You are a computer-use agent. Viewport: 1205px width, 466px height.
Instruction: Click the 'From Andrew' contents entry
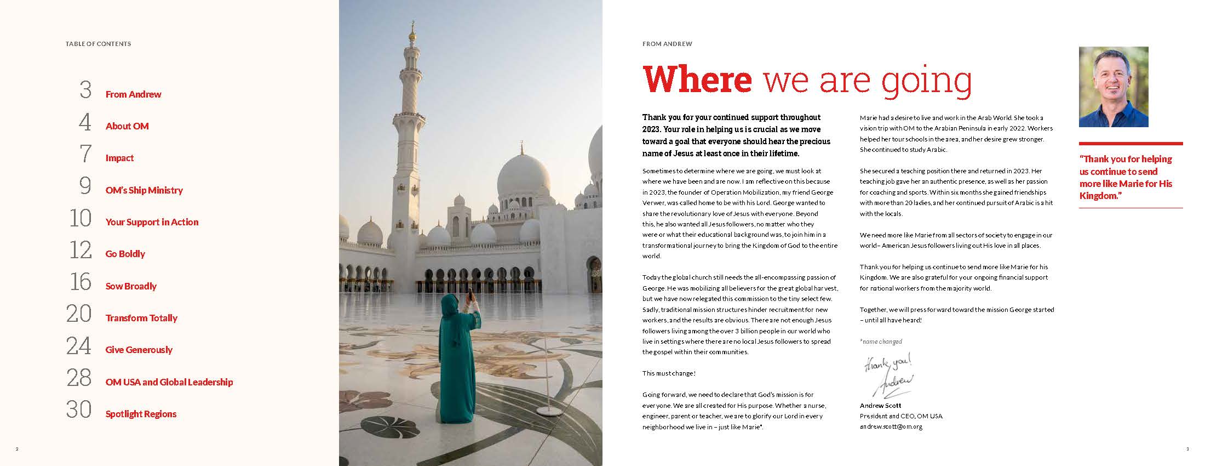click(133, 94)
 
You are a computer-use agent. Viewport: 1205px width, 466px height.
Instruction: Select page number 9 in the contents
click(85, 186)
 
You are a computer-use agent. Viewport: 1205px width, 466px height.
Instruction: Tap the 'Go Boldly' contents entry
click(125, 254)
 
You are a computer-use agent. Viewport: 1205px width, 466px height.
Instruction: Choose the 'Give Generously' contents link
click(139, 350)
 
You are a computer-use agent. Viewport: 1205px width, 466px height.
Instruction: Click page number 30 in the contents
click(79, 410)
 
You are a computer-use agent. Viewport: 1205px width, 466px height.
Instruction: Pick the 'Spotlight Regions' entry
click(141, 414)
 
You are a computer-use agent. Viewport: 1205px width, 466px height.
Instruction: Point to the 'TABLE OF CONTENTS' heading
click(98, 44)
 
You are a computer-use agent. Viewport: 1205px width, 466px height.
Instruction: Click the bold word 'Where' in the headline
click(697, 79)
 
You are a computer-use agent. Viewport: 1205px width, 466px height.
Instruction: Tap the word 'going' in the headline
click(926, 81)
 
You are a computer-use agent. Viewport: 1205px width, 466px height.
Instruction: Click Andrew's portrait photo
click(1114, 87)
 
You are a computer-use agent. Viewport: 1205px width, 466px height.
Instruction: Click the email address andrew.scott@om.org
click(891, 427)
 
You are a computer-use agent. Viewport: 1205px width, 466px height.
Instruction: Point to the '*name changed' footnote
click(881, 342)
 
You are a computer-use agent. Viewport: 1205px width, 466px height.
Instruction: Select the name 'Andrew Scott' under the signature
click(880, 406)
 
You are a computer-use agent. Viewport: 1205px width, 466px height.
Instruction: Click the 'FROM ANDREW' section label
click(667, 44)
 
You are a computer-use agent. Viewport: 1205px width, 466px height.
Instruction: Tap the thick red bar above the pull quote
click(1131, 144)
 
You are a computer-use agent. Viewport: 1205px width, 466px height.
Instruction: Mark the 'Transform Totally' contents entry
click(141, 318)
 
